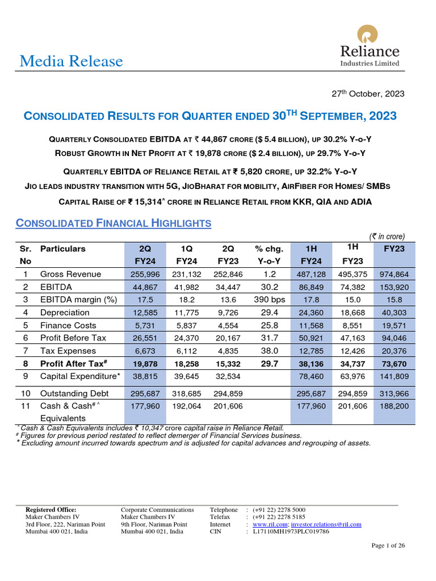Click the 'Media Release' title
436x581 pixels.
pos(71,61)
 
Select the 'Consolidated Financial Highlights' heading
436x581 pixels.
pos(114,223)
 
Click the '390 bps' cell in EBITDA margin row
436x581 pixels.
pos(268,300)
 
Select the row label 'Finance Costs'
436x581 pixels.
pos(68,325)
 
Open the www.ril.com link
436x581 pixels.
pos(270,524)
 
